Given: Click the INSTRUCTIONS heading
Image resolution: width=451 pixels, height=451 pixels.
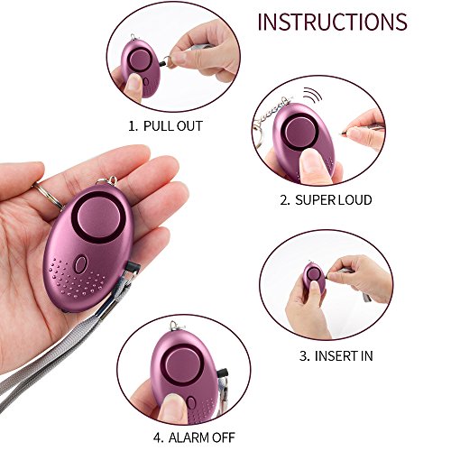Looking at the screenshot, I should (x=332, y=22).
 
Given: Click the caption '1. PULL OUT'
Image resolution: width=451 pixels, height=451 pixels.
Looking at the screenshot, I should (x=166, y=125).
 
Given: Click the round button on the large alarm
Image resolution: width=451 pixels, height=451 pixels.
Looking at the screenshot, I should (x=97, y=219).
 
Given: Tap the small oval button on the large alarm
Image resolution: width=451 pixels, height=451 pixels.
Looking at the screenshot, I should (x=80, y=266).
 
